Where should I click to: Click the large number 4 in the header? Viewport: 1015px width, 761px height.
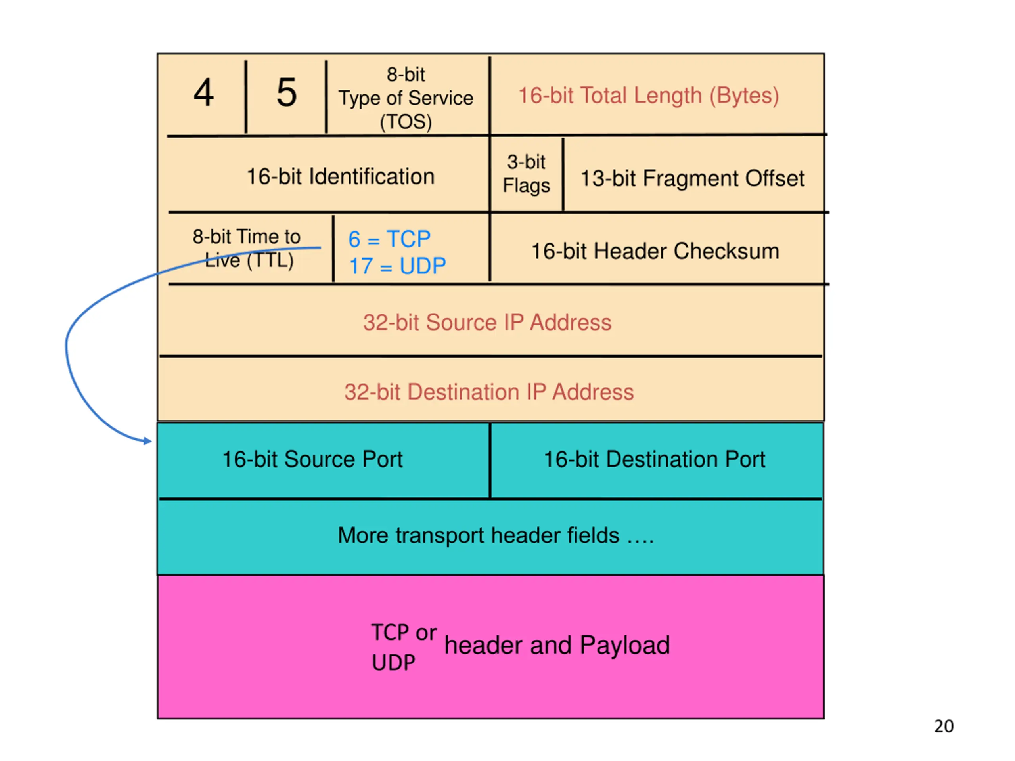(203, 93)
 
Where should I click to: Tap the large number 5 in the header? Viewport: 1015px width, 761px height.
(286, 93)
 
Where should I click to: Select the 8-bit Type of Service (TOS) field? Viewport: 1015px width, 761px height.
(406, 98)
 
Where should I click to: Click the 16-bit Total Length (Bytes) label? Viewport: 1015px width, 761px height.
(648, 96)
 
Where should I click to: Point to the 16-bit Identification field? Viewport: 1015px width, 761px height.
(340, 177)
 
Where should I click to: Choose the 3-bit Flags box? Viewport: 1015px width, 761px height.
(526, 174)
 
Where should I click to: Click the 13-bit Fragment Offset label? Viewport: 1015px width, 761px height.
(692, 178)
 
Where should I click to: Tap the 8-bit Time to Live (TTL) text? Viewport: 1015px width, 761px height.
(247, 248)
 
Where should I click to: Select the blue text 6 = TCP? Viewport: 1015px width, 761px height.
(389, 239)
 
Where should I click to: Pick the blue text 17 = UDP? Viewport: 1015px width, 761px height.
(397, 266)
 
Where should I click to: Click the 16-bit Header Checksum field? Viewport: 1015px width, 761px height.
(655, 251)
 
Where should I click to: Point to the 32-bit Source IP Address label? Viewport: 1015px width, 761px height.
(487, 323)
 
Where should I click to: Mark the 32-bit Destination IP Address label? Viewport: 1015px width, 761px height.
(489, 392)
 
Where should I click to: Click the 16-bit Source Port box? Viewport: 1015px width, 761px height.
(312, 459)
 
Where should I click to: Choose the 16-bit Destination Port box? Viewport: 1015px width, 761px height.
(654, 459)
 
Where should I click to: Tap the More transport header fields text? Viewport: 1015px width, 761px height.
(496, 535)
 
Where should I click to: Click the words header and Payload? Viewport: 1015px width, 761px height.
(557, 645)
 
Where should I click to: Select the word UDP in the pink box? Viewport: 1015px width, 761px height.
(393, 662)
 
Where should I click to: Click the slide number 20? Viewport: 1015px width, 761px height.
(943, 726)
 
